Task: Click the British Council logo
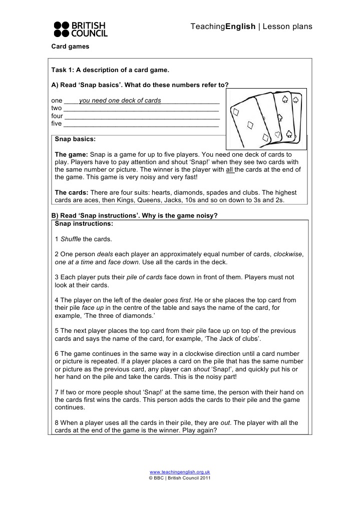click(80, 29)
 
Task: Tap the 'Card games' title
click(70, 47)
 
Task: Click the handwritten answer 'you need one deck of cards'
click(120, 101)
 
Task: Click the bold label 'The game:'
click(71, 155)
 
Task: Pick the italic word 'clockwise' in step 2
click(288, 254)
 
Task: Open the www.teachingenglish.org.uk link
click(180, 472)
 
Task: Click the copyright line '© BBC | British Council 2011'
click(180, 478)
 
